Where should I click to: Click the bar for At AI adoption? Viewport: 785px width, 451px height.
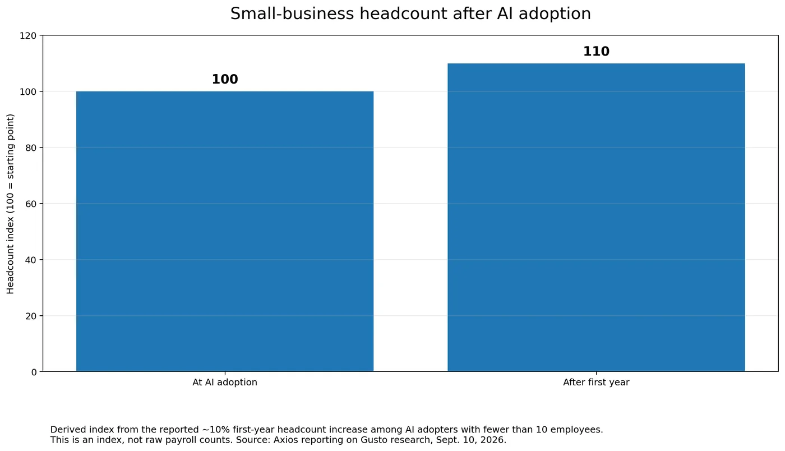[225, 231]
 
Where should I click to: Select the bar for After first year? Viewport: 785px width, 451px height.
[596, 217]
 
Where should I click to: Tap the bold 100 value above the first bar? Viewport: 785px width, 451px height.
[225, 79]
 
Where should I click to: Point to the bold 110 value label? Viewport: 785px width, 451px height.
[596, 52]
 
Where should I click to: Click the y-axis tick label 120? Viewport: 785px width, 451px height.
[28, 36]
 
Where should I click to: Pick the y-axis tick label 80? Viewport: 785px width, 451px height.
[31, 148]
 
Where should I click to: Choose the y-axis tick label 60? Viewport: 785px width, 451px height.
[31, 204]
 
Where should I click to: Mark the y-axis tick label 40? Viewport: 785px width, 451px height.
[31, 260]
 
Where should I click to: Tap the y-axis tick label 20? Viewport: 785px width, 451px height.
[31, 316]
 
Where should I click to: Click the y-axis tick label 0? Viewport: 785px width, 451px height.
[34, 372]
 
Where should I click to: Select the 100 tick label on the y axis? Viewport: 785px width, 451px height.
[28, 92]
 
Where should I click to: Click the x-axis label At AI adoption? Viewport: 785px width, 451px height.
[225, 382]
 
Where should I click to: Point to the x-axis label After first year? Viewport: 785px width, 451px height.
[596, 382]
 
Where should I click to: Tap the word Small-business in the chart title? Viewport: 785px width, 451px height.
[292, 13]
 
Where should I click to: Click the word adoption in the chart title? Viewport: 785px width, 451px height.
[555, 15]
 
